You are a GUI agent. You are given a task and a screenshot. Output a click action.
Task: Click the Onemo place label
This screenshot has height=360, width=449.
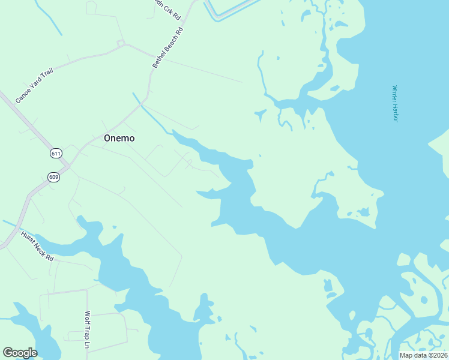[119, 138]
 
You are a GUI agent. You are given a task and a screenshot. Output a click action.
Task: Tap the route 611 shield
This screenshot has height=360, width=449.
[56, 153]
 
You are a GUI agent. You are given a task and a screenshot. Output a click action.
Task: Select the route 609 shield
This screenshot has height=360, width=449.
[53, 176]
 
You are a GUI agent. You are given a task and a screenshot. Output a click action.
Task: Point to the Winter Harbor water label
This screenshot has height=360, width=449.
[395, 103]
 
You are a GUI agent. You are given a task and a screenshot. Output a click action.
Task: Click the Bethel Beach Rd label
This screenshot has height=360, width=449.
[167, 47]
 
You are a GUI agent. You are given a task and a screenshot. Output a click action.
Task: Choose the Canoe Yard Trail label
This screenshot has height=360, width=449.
[34, 85]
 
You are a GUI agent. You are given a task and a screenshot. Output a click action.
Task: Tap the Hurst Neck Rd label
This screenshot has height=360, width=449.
[37, 246]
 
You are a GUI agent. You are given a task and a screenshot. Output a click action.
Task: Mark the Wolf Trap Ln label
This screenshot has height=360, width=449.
[87, 331]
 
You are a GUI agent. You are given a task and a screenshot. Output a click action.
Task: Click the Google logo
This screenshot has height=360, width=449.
[20, 353]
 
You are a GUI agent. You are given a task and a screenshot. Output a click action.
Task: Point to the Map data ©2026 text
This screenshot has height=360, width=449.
[423, 355]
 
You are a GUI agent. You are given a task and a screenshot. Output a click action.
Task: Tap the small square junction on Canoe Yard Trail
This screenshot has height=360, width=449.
[121, 43]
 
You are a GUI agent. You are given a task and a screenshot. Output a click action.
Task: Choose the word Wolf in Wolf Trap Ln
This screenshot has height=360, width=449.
[87, 318]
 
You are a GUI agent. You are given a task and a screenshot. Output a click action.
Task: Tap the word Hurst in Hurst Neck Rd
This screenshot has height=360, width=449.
[28, 239]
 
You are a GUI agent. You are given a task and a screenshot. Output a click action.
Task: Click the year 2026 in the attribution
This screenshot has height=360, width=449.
[439, 355]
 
